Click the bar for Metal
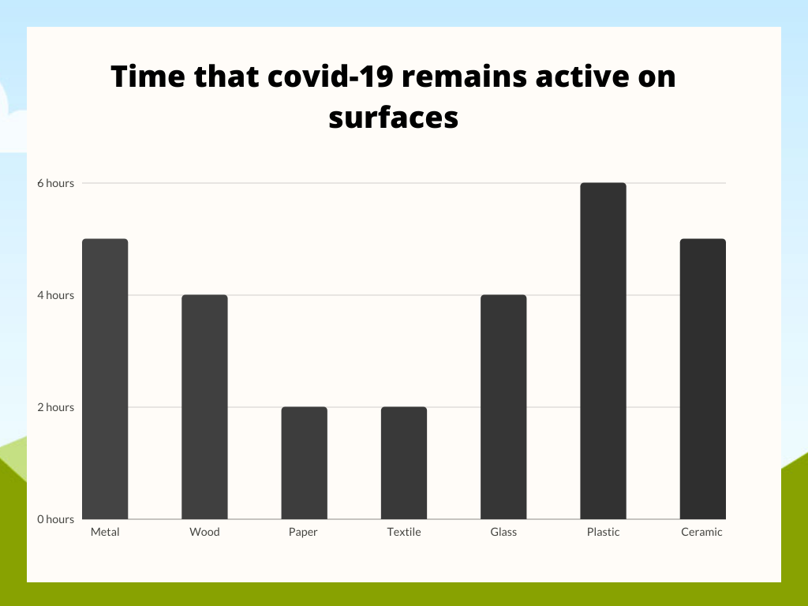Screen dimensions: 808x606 click(x=105, y=379)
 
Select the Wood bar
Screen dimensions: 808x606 click(x=204, y=406)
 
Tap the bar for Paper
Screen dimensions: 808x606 click(x=304, y=462)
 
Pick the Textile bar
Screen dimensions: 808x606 click(x=404, y=462)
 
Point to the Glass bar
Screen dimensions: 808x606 click(x=503, y=406)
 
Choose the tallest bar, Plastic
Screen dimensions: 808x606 click(x=604, y=351)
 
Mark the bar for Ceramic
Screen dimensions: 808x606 click(x=703, y=379)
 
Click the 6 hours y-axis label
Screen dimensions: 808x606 click(x=56, y=183)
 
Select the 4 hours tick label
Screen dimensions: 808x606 click(x=56, y=295)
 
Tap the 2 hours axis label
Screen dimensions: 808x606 click(x=56, y=407)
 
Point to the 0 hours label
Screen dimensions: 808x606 click(x=56, y=519)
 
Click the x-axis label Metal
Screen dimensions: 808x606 click(x=105, y=532)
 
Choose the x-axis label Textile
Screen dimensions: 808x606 click(x=404, y=532)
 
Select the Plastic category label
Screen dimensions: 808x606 click(x=604, y=532)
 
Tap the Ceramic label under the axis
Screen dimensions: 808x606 click(x=701, y=532)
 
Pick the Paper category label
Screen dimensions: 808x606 click(x=303, y=533)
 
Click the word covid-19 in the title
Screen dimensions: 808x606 click(x=331, y=77)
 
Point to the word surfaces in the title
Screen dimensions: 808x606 click(x=394, y=118)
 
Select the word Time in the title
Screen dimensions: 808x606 click(x=148, y=77)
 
